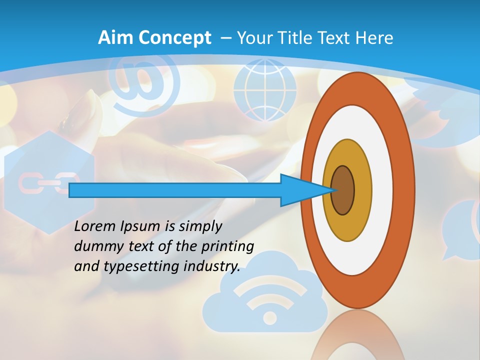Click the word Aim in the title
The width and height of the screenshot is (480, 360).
point(115,38)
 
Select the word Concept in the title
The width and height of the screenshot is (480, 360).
point(175,38)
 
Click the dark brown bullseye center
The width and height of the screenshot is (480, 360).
point(343,190)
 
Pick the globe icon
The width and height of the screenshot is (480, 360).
point(265,90)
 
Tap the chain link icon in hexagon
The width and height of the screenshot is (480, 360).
point(48,183)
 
